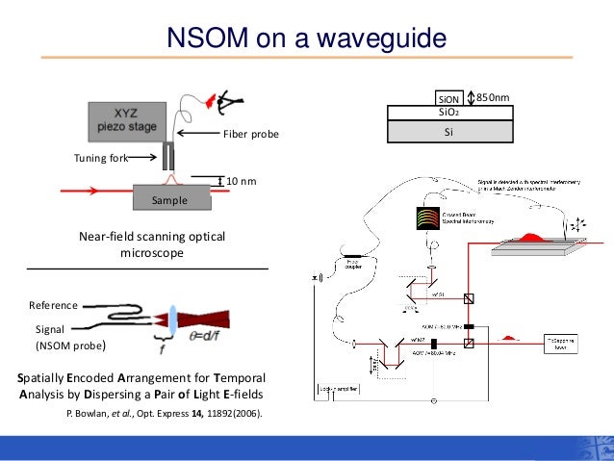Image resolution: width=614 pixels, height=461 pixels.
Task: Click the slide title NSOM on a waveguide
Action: (x=306, y=39)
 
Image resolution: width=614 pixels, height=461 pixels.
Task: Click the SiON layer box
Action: (x=449, y=98)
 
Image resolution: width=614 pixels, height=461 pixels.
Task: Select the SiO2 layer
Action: (x=448, y=113)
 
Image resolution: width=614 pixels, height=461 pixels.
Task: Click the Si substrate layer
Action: (x=448, y=132)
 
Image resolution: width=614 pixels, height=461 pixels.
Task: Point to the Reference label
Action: (x=52, y=305)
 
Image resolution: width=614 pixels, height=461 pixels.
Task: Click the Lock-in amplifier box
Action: (x=338, y=391)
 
